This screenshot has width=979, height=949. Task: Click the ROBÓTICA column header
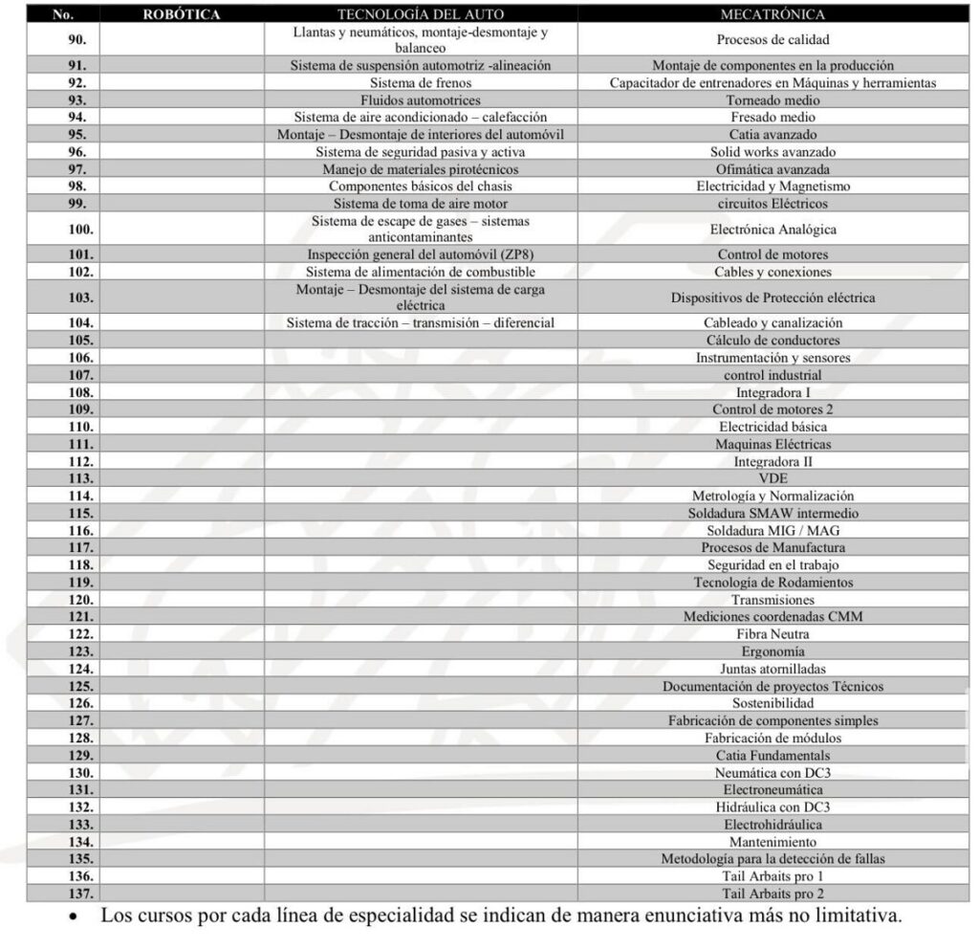point(182,14)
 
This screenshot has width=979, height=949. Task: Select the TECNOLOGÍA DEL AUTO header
point(421,14)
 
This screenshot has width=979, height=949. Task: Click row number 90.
point(77,40)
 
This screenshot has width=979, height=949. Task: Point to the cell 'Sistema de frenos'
point(421,83)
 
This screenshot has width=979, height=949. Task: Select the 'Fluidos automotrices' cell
point(421,100)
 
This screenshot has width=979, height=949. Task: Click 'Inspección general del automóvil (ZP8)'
point(421,254)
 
